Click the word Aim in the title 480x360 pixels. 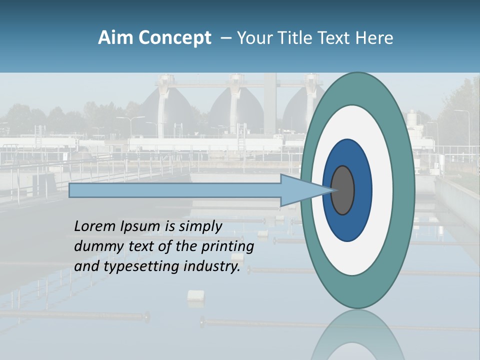click(x=115, y=38)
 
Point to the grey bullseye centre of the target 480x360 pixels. click(x=342, y=190)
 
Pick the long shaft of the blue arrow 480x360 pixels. click(x=175, y=190)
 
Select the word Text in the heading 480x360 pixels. click(x=338, y=38)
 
